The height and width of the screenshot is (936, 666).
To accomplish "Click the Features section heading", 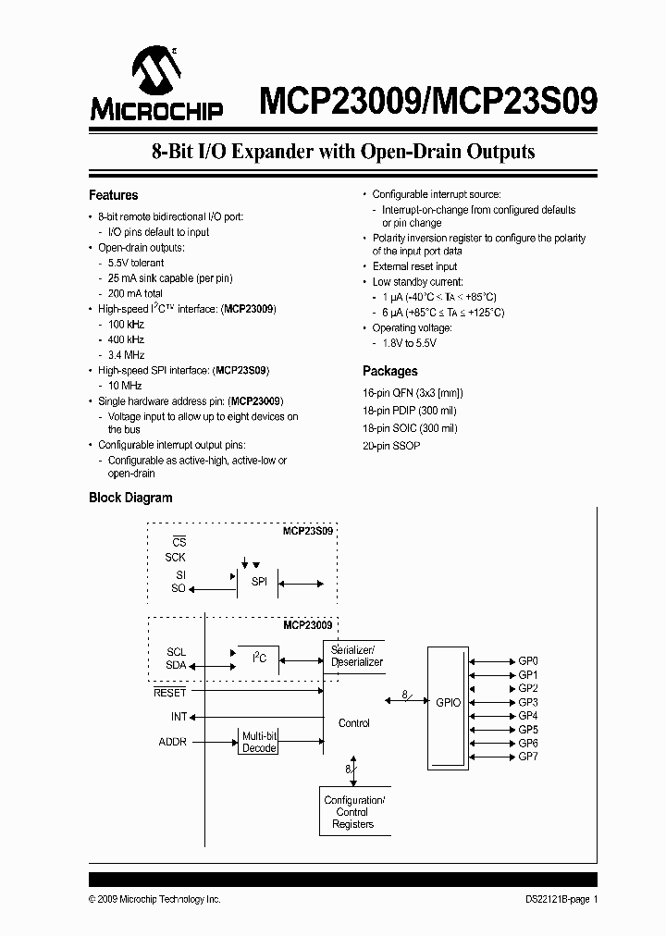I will pyautogui.click(x=113, y=195).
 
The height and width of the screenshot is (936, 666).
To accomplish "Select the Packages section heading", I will pyautogui.click(x=389, y=371).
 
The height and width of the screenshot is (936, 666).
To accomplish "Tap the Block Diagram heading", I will pyautogui.click(x=130, y=498).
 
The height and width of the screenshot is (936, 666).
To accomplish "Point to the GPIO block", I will pyautogui.click(x=448, y=704).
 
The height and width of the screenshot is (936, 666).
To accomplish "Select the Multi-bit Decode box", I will pyautogui.click(x=259, y=742).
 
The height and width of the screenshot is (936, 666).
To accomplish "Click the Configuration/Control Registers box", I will pyautogui.click(x=354, y=812).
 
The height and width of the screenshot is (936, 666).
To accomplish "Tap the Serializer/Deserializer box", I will pyautogui.click(x=356, y=656).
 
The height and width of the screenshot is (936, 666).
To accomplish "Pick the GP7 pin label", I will pyautogui.click(x=528, y=757).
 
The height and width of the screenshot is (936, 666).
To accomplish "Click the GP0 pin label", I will pyautogui.click(x=528, y=661).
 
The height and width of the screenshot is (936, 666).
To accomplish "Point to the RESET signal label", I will pyautogui.click(x=169, y=692).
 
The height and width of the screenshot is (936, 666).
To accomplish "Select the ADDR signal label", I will pyautogui.click(x=173, y=742).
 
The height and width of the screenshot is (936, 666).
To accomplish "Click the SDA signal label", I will pyautogui.click(x=176, y=665).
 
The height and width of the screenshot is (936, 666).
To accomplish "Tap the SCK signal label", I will pyautogui.click(x=175, y=558).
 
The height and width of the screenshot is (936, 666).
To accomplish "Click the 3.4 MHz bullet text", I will pyautogui.click(x=127, y=354).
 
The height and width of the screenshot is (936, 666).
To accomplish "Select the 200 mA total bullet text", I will pyautogui.click(x=135, y=292).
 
